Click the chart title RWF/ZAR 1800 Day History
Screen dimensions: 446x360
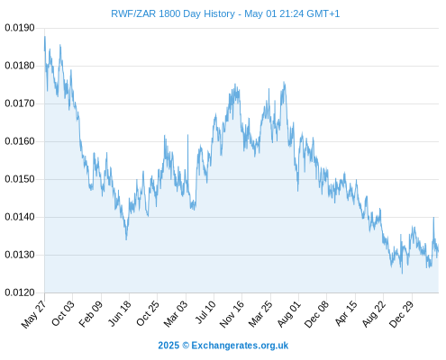[173, 13]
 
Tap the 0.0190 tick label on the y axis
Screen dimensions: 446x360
[20, 28]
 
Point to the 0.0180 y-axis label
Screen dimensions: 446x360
[20, 66]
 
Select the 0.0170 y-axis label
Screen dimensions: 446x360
[20, 103]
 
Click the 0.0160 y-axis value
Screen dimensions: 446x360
[20, 141]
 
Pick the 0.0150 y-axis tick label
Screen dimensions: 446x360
[20, 179]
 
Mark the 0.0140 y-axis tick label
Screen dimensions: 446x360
[20, 217]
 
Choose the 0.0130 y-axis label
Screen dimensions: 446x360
[20, 255]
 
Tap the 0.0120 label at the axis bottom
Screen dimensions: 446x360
[20, 292]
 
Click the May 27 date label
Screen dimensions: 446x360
[34, 313]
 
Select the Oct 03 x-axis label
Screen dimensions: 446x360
[62, 313]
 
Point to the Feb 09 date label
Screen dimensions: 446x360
[90, 313]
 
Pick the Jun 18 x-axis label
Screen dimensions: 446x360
[119, 313]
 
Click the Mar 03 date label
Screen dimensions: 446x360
[176, 313]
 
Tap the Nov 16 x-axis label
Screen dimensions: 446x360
[232, 314]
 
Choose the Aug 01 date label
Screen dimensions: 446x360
[288, 314]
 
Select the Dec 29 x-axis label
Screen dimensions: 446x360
[401, 314]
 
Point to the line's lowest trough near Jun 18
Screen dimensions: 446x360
[126, 239]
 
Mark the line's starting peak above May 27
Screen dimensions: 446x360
[45, 37]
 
